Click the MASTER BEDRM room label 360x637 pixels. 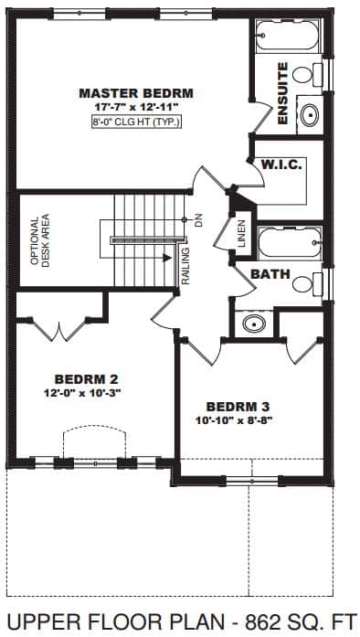tap(136, 93)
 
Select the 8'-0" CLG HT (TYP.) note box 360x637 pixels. tap(136, 122)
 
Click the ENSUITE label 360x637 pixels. tap(282, 93)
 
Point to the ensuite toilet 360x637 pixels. tap(307, 74)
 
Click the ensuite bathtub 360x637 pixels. tap(288, 36)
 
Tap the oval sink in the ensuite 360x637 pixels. tap(311, 115)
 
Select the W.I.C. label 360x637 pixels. tap(281, 165)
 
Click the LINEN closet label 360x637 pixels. tap(242, 234)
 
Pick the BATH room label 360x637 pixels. tap(270, 274)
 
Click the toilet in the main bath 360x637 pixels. tap(307, 284)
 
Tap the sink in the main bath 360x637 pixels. tap(254, 324)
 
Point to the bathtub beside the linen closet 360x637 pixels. tap(291, 242)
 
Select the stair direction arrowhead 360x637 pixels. tap(166, 257)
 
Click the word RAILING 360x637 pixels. tap(185, 266)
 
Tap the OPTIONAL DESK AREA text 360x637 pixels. tap(40, 240)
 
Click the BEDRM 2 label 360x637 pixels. tap(86, 379)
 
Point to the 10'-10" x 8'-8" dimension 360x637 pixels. tap(233, 420)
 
